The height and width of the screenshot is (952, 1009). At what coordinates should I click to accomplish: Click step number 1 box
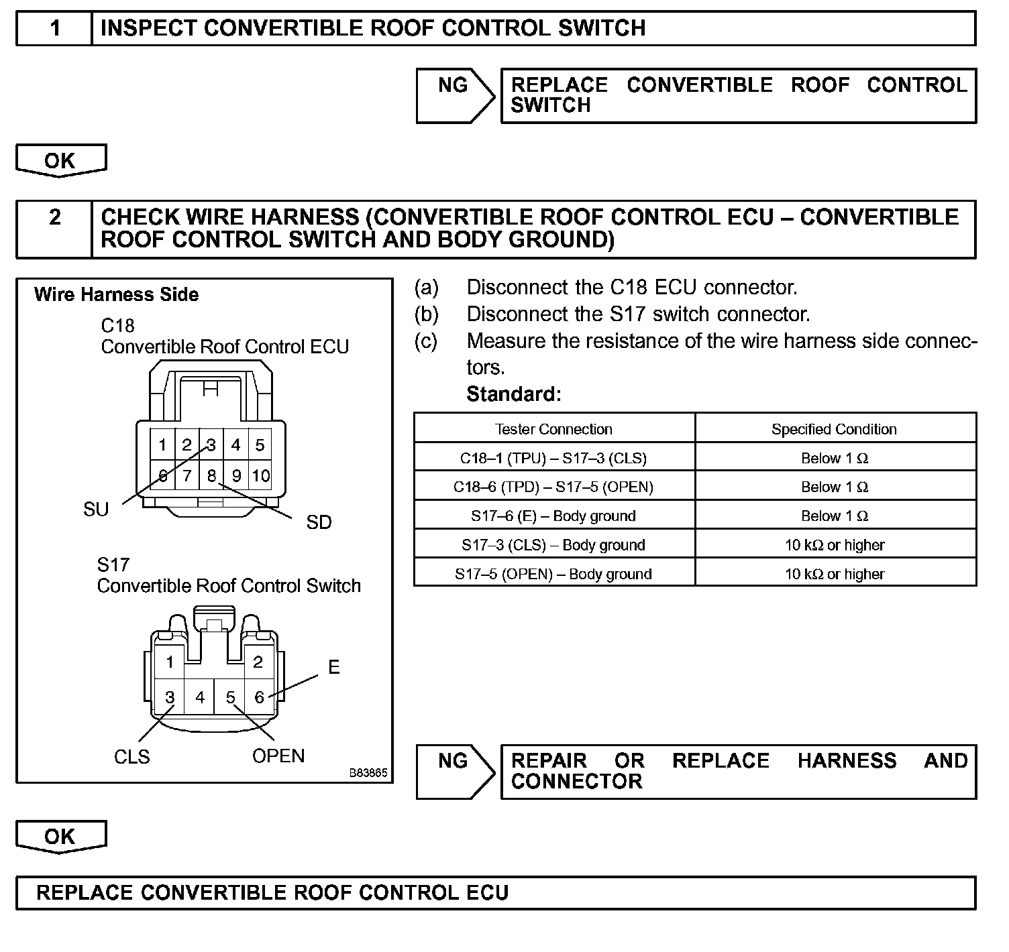(54, 28)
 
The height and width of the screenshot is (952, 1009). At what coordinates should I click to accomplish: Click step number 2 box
(54, 229)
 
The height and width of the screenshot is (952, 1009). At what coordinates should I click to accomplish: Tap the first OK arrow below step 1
(60, 161)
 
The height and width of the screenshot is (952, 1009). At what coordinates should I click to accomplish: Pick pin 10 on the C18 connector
(260, 475)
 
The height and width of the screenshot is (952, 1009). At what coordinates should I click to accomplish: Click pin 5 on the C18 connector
(260, 444)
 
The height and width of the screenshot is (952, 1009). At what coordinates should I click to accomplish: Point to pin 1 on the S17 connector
(170, 662)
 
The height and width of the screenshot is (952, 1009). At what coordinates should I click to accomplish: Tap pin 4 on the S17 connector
(200, 697)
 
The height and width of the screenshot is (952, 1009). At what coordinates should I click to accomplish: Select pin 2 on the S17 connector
(258, 662)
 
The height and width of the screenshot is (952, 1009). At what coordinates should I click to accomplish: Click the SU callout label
(96, 510)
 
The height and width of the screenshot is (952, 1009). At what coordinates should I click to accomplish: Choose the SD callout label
(319, 522)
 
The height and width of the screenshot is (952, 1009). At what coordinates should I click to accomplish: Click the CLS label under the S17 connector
(132, 756)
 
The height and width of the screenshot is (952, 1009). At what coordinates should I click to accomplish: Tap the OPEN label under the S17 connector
(278, 756)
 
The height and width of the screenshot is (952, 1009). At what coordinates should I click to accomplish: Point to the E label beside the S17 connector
(334, 667)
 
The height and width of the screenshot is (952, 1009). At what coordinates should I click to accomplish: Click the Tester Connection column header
(553, 429)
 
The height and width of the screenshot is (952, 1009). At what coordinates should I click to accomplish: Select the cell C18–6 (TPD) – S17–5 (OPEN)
(553, 487)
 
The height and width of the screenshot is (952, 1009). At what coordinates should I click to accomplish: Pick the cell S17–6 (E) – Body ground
(553, 516)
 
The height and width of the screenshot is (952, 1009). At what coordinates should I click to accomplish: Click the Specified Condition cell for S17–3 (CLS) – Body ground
(835, 545)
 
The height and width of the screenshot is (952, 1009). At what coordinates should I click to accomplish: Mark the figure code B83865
(368, 772)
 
